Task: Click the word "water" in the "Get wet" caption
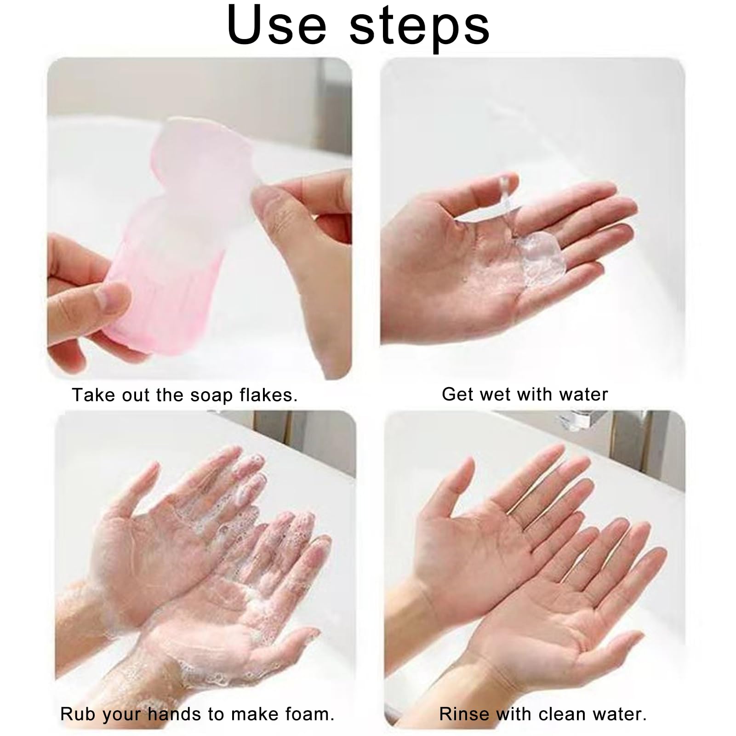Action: [584, 394]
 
